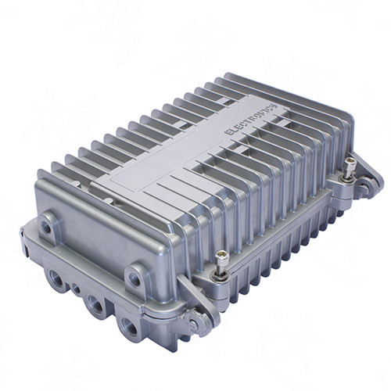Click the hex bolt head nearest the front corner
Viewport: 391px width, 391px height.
(222, 256)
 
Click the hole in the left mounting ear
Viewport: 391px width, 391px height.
(47, 227)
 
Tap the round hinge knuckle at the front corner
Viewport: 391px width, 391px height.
(203, 322)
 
